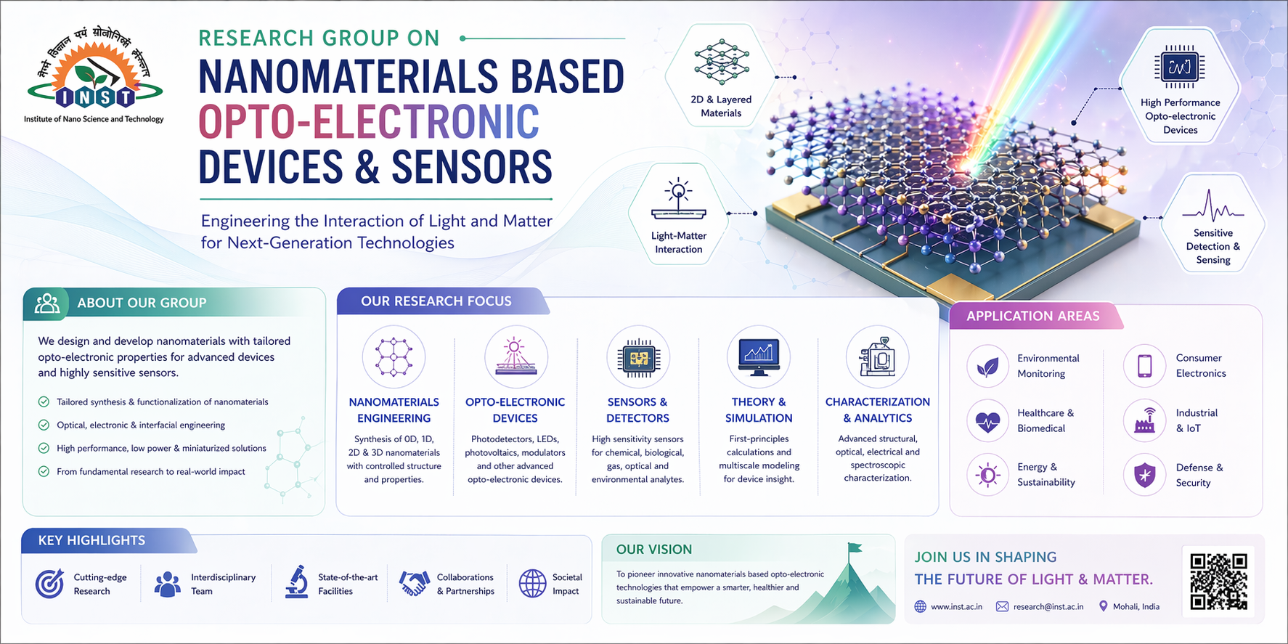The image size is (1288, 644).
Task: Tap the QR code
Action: pyautogui.click(x=1219, y=581)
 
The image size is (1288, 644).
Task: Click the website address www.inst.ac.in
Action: pyautogui.click(x=956, y=606)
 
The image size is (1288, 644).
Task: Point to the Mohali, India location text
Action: pyautogui.click(x=1136, y=606)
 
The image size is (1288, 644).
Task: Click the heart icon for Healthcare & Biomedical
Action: pyautogui.click(x=987, y=420)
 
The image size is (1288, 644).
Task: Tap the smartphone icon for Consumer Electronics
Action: pyautogui.click(x=1145, y=365)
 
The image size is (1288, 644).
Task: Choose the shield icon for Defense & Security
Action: pyautogui.click(x=1145, y=476)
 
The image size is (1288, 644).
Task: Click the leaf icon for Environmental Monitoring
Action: pyautogui.click(x=987, y=366)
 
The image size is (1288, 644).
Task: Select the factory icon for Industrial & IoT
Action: pyautogui.click(x=1145, y=420)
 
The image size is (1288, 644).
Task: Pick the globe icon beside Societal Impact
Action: pyautogui.click(x=532, y=583)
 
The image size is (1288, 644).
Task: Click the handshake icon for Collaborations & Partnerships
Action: pyautogui.click(x=414, y=583)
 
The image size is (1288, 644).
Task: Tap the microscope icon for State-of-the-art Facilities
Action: pyautogui.click(x=295, y=582)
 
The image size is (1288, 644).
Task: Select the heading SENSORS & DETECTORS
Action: pyautogui.click(x=637, y=410)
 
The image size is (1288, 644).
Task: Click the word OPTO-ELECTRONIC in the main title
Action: pyautogui.click(x=369, y=121)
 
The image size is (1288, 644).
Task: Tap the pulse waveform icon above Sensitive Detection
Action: pyautogui.click(x=1212, y=206)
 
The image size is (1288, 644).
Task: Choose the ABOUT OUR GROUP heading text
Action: pyautogui.click(x=142, y=303)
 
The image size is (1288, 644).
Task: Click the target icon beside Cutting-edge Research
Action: pyautogui.click(x=49, y=583)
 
